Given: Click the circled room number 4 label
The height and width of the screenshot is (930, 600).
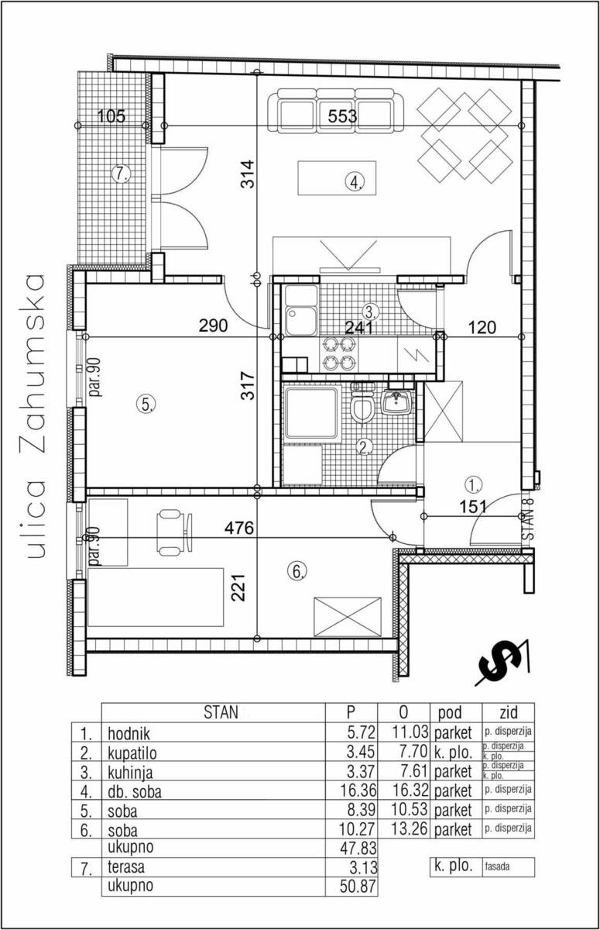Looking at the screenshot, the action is coord(355,181).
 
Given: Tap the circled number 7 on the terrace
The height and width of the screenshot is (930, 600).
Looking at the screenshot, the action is coord(121,174).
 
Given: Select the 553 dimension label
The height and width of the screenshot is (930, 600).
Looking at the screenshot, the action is coord(342,115).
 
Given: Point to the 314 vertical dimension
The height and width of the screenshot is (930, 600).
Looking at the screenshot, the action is coord(248,174).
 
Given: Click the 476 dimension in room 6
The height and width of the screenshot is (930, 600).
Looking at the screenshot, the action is coord(239,528).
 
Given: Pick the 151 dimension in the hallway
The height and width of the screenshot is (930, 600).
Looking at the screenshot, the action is coord(473,507).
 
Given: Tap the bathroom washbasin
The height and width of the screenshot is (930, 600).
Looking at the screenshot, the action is coord(396,401).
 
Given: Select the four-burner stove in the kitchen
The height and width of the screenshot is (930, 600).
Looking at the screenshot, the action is coord(338,353).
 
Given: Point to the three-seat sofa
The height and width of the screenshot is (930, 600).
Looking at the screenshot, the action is coord(335,110).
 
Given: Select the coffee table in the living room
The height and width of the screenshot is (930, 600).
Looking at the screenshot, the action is coord(337,178).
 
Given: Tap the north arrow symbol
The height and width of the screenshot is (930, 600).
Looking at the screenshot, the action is coord(502,663).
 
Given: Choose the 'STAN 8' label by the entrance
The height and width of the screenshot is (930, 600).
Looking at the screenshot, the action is coord(528,519).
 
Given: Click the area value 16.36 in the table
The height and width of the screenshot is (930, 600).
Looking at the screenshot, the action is coord(358,790).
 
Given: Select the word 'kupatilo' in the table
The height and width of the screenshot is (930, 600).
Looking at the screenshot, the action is coord(132,753).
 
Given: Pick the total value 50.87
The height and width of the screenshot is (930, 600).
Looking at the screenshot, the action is coord(358,885).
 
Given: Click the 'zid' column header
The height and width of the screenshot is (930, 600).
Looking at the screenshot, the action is coord(509,712).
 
